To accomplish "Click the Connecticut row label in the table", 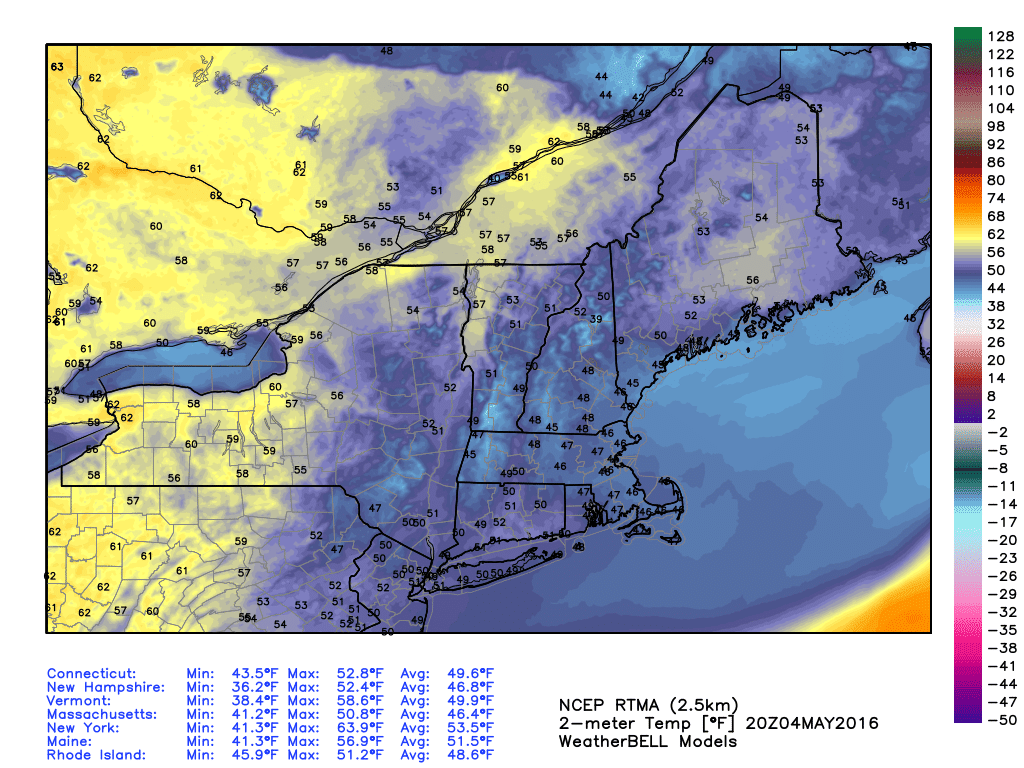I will (x=92, y=673).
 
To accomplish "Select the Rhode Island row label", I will (x=96, y=755).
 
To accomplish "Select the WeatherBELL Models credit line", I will (x=647, y=741).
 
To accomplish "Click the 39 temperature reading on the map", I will (x=596, y=319).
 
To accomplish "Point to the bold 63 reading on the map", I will (x=57, y=67).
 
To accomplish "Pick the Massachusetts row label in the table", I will (x=102, y=714).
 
